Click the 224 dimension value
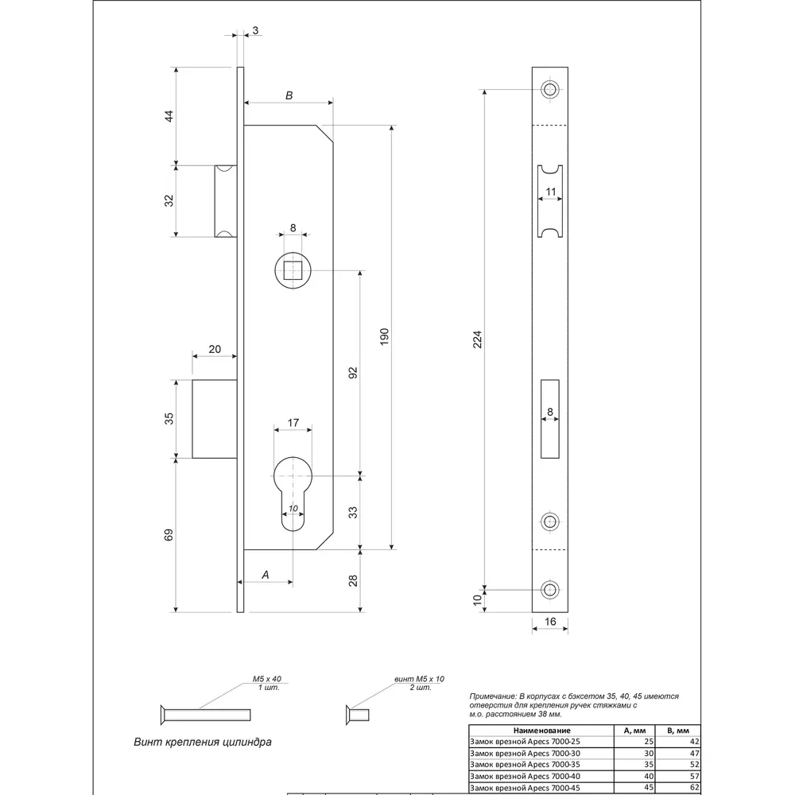477,339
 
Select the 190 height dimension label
384,336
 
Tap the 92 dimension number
353,373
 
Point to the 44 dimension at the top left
169,116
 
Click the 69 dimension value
169,535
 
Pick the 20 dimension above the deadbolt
215,349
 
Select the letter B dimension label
289,95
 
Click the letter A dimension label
266,575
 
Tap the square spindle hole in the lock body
293,271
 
